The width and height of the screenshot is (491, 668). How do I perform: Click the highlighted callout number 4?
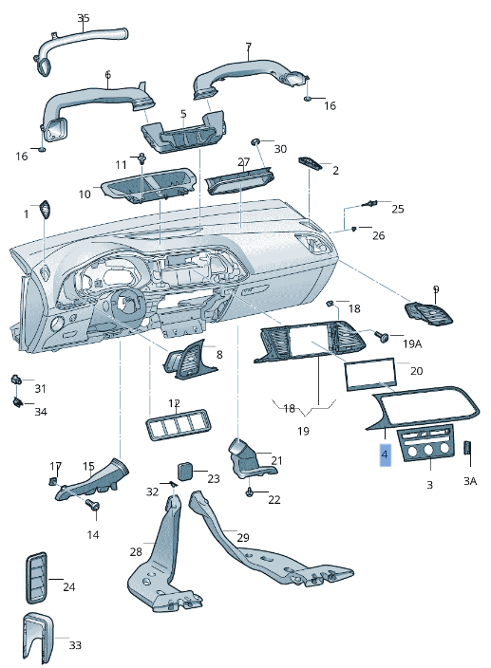[x=384, y=456]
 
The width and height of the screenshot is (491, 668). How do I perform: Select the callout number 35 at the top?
[x=83, y=19]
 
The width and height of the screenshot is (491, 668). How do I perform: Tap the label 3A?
[x=469, y=482]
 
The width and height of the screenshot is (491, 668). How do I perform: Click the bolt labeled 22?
[x=250, y=492]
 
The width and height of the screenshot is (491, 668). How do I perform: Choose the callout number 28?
[x=136, y=552]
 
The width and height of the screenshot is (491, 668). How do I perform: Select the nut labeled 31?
[x=16, y=380]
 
